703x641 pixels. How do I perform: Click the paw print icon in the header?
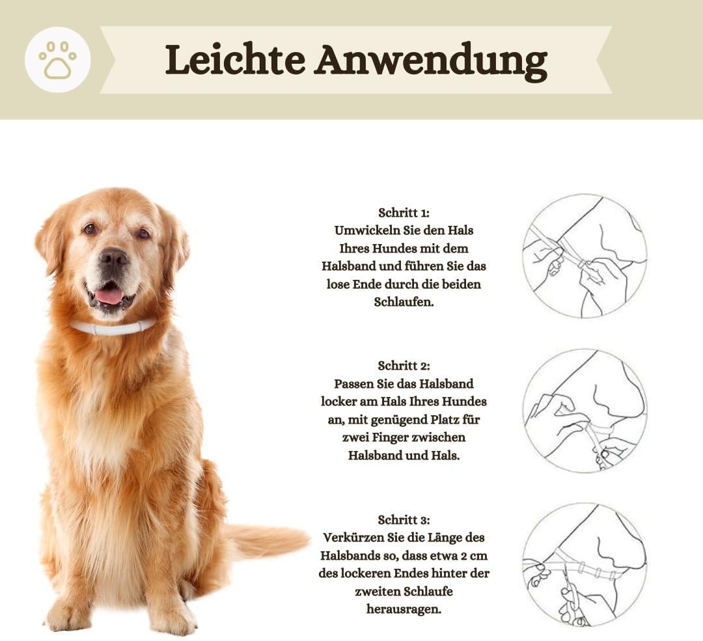tap(57, 60)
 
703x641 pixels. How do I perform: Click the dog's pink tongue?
tap(109, 296)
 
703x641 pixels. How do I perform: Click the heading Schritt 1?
tap(404, 212)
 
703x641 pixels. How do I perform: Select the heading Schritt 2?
tap(404, 366)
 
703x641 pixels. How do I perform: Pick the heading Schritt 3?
tap(404, 520)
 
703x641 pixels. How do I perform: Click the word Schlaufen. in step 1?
tap(404, 302)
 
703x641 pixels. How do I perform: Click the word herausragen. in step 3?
tap(404, 609)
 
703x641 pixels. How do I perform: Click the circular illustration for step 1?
tap(585, 256)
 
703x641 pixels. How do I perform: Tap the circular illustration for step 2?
tap(585, 411)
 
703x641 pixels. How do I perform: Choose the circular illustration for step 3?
tap(585, 565)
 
